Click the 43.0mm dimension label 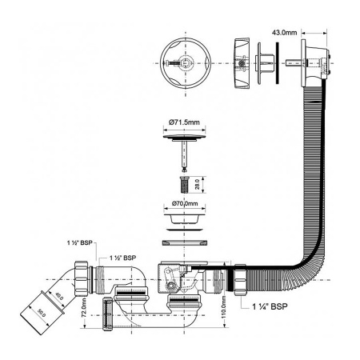(x=284, y=33)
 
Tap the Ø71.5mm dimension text (x=184, y=122)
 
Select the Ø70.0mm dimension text (x=185, y=203)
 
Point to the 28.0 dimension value (x=198, y=184)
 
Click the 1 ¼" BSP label (x=270, y=306)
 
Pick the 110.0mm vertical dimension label (x=223, y=308)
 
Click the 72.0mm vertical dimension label (x=84, y=307)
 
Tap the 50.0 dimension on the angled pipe (x=41, y=313)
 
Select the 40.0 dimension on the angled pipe (x=59, y=296)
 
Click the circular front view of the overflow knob (x=186, y=63)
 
